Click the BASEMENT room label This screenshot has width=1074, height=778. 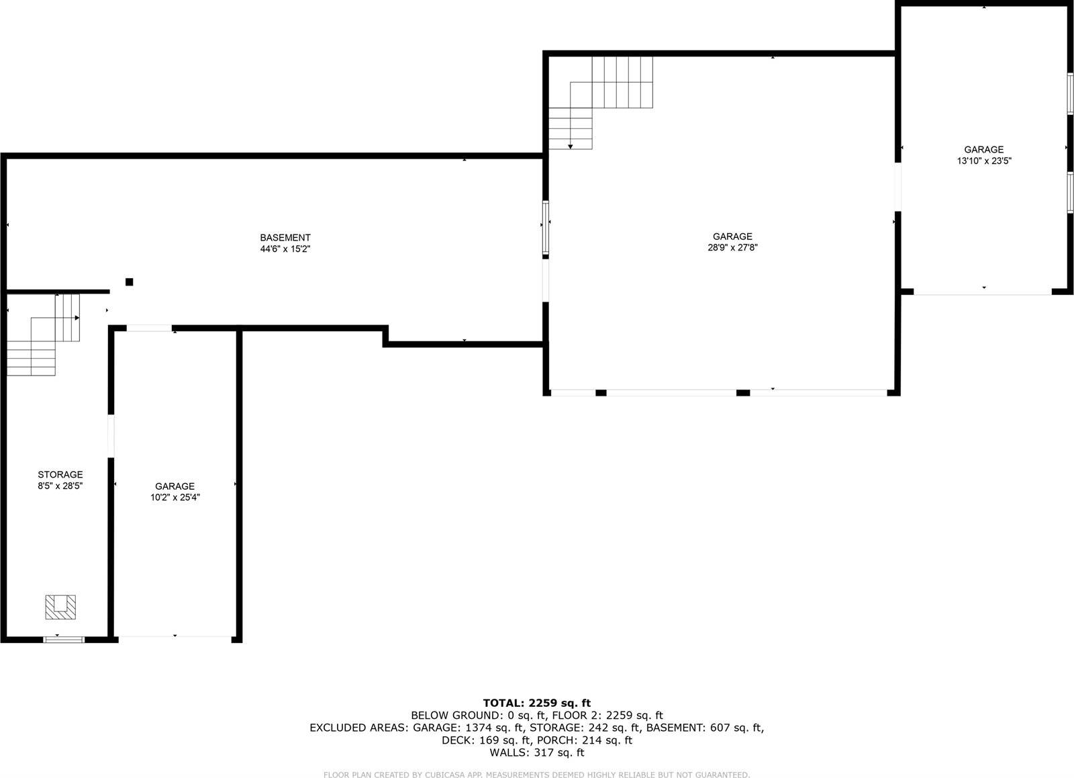click(285, 237)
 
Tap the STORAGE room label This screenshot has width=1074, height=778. click(60, 474)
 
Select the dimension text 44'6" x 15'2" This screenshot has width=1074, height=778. click(285, 249)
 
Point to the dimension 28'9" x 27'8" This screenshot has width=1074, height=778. click(732, 247)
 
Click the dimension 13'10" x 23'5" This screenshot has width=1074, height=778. click(984, 161)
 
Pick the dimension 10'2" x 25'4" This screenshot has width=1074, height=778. click(175, 498)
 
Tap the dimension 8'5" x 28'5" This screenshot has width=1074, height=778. click(60, 485)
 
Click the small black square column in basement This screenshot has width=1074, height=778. click(130, 282)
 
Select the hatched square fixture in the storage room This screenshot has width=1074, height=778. click(60, 607)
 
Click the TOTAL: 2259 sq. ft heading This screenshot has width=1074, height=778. click(537, 703)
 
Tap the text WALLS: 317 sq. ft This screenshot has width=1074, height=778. click(537, 752)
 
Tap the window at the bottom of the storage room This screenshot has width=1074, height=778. click(64, 639)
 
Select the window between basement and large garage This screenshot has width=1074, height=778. click(546, 228)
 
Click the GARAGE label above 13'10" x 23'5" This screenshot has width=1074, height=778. click(984, 150)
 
